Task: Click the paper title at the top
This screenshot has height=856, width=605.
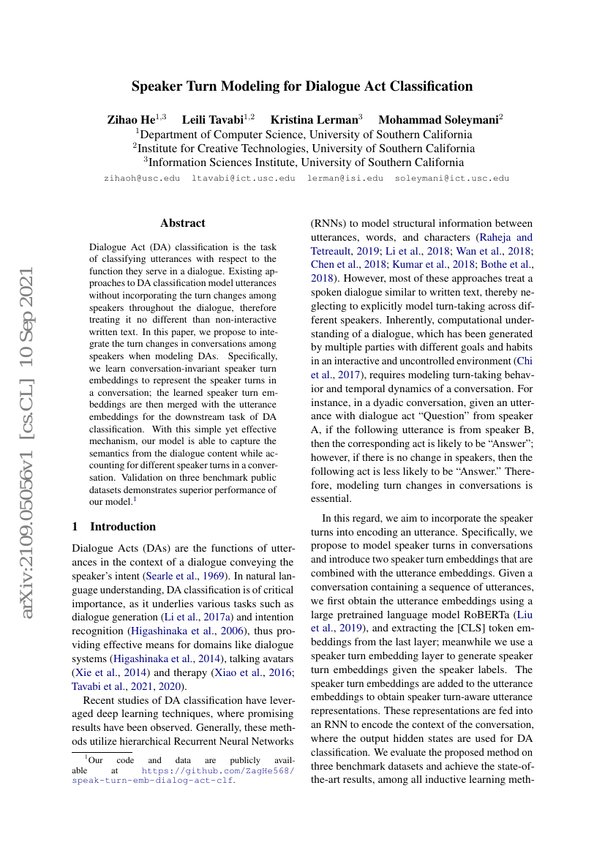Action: tap(302, 86)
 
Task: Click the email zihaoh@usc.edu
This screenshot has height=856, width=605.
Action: tap(142, 178)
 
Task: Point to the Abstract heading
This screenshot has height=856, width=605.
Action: tap(183, 223)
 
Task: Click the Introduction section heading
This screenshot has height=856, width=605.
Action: tap(122, 527)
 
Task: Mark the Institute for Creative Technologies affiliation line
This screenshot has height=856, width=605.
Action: tap(303, 149)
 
